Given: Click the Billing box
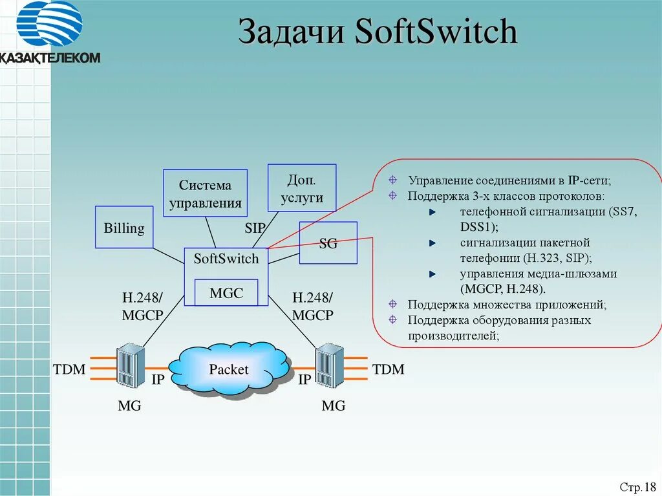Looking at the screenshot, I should tap(124, 228).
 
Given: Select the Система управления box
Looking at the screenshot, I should tap(206, 194).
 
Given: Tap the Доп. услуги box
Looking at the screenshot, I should tap(302, 188).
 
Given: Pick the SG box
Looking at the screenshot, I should tap(328, 243).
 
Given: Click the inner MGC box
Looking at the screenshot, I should tap(226, 293).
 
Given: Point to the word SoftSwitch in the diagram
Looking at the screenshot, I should tap(226, 259).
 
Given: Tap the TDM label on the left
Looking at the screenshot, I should tap(69, 369).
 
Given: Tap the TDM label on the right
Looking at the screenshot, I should tap(388, 369).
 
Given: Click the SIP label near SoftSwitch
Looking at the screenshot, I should tap(255, 228).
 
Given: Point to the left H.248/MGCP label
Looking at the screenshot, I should tap(142, 307).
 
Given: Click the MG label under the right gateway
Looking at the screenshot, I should tap(334, 406).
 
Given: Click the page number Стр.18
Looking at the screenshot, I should tap(637, 486).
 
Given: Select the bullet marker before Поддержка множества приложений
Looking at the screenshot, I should tap(392, 304).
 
